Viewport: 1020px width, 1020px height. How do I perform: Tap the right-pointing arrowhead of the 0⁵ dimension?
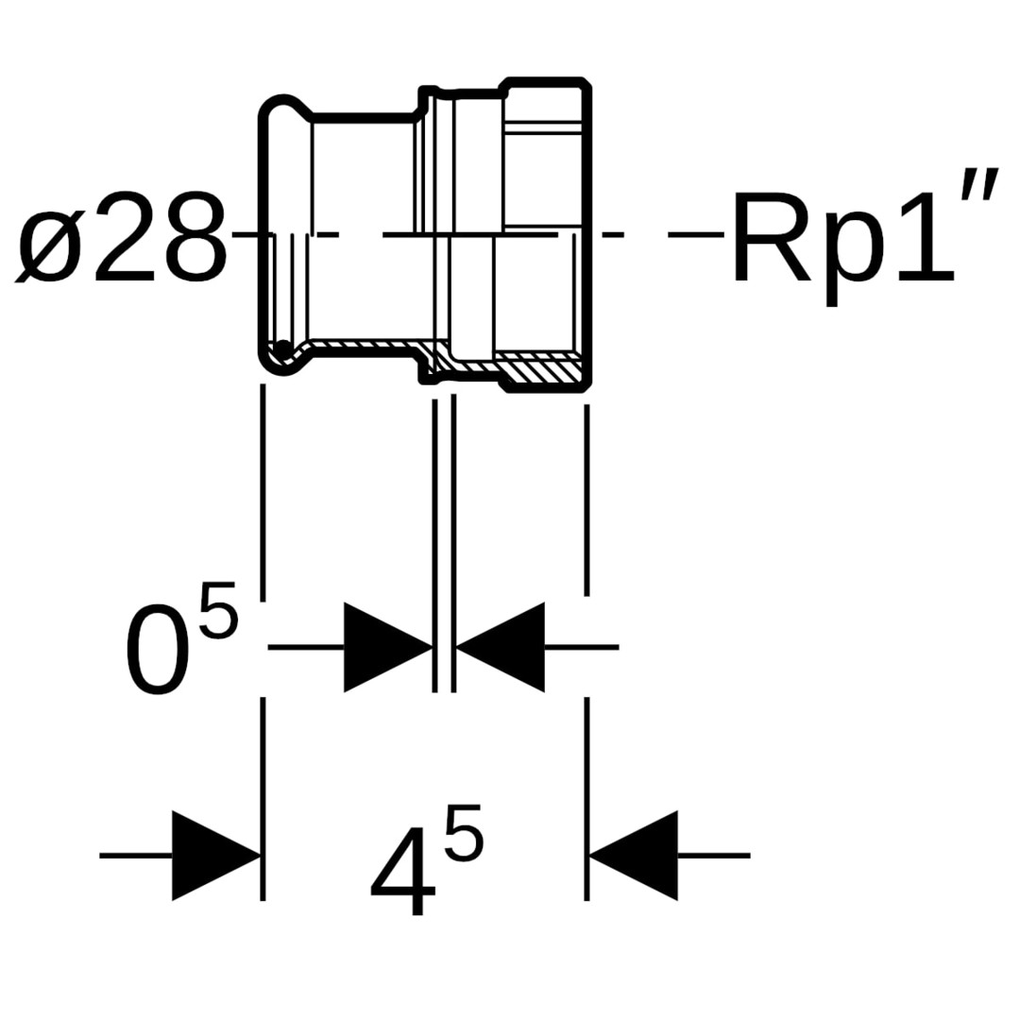pos(388,647)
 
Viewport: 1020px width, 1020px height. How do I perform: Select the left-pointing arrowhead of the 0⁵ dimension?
pos(501,647)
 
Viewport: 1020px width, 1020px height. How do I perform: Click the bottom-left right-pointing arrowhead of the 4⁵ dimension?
pos(216,856)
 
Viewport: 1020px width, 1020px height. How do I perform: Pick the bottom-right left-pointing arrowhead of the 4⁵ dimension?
pos(633,856)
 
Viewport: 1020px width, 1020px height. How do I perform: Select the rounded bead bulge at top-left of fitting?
pos(285,111)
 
